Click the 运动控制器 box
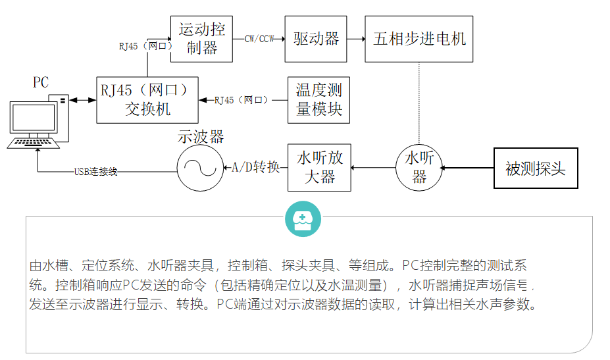pos(201,39)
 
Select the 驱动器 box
pos(316,39)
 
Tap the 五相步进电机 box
pos(419,39)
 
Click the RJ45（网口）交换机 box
pos(147,99)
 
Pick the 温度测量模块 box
pos(319,99)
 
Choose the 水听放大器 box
pos(319,167)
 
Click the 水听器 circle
pos(419,168)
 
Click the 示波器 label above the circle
pos(201,137)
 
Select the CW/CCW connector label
pos(259,39)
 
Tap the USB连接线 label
pos(95,172)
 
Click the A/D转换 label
pos(256,167)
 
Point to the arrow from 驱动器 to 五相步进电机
pos(356,39)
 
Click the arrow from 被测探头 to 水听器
pos(467,168)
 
